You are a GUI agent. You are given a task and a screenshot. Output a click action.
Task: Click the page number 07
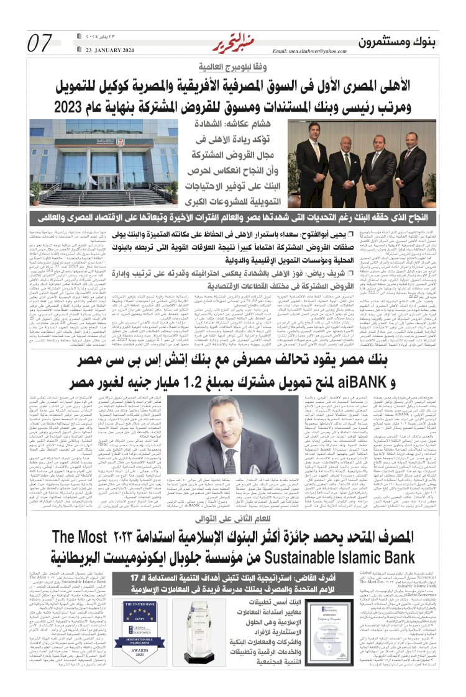pyautogui.click(x=40, y=43)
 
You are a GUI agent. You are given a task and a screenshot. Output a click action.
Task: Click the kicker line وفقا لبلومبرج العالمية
pyautogui.click(x=232, y=66)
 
